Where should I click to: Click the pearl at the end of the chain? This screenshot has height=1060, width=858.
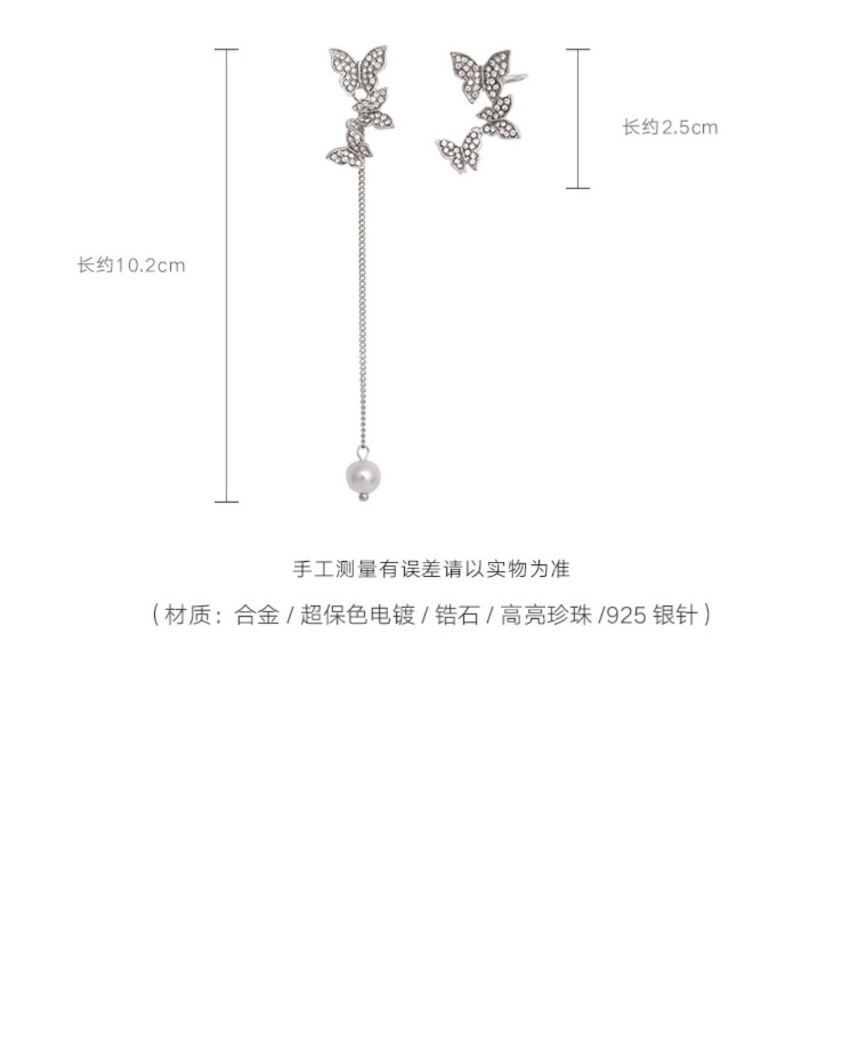(363, 475)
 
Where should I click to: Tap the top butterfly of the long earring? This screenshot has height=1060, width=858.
(358, 68)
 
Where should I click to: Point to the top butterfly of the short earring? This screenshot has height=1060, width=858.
(480, 73)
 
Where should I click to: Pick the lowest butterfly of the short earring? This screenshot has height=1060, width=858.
(460, 152)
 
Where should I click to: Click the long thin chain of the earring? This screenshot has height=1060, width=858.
(363, 302)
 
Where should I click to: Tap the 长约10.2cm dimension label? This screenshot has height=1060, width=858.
(131, 266)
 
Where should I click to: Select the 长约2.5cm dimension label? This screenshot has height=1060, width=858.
(670, 127)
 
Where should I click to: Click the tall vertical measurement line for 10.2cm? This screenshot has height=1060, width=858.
(227, 275)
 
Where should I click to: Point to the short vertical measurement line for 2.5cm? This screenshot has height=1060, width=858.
(578, 119)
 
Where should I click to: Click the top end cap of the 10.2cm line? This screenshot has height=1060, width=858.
(227, 50)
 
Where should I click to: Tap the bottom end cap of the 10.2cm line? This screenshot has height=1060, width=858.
(227, 501)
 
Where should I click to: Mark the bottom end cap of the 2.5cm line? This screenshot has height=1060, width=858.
(578, 188)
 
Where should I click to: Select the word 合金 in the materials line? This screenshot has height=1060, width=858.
(256, 614)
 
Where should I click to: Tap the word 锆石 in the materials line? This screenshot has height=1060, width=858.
(457, 614)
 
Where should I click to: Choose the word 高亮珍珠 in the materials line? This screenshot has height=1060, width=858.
(546, 614)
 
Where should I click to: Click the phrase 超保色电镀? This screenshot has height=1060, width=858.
(357, 614)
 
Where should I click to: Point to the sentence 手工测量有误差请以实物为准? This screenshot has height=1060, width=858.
(431, 569)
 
